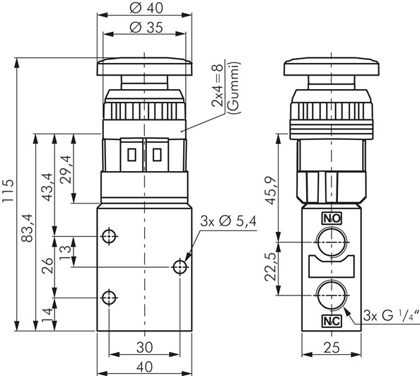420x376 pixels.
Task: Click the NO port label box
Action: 332,218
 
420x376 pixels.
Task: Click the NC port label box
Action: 332,321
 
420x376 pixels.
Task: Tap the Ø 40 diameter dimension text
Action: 146,8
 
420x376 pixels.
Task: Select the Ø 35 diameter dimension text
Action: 146,27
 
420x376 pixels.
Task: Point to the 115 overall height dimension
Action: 8,192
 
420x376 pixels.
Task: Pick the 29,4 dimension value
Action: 66,169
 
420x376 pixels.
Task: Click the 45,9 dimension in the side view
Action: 272,190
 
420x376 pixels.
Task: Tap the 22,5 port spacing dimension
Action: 271,266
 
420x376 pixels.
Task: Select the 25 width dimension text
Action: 332,348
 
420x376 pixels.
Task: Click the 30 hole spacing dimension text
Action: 145,347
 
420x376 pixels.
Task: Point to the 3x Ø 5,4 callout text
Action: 228,222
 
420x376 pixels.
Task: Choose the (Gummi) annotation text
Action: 234,88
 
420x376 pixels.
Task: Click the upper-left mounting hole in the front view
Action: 109,236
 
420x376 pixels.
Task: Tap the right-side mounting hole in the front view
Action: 180,266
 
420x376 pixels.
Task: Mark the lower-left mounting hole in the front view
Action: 109,298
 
